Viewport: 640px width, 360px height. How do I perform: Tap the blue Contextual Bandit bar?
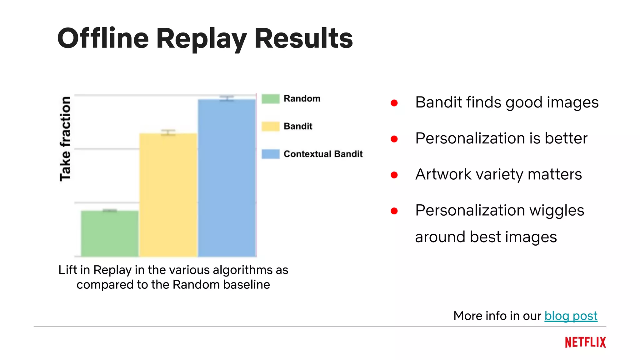coord(227,178)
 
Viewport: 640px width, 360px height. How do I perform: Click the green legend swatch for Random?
coord(270,99)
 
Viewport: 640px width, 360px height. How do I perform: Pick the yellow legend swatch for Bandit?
coord(270,126)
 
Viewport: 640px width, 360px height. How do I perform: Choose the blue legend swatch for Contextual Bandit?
coord(270,154)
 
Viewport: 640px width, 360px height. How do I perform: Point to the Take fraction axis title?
coord(65,139)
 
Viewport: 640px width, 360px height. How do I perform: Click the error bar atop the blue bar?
coord(227,98)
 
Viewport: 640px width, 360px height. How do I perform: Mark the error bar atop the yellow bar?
coord(168,132)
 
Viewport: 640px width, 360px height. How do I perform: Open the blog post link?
coord(571,316)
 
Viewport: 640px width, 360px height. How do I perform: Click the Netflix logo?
coord(585,342)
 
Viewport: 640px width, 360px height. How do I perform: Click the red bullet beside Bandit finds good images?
coord(394,103)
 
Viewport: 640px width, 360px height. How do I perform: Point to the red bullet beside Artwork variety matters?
coord(394,175)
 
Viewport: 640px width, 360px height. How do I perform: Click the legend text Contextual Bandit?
coord(323,154)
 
